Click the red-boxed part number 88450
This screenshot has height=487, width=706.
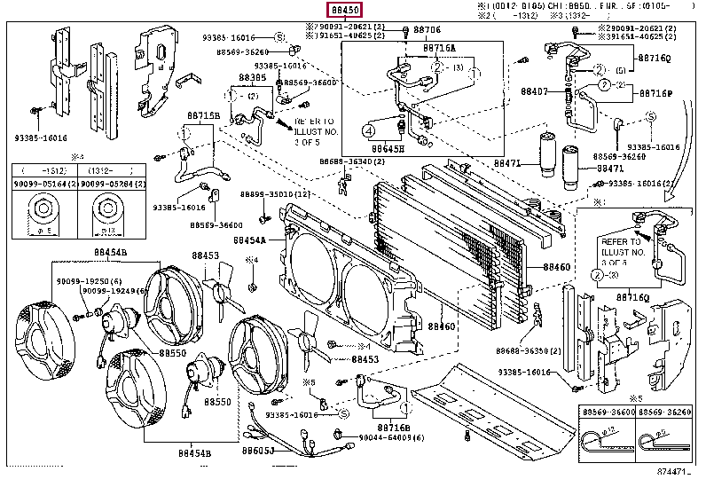point(346,11)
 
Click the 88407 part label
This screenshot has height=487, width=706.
point(534,90)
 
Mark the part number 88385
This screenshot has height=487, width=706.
point(253,77)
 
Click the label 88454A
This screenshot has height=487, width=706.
point(251,240)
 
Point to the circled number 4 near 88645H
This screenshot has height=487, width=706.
point(369,131)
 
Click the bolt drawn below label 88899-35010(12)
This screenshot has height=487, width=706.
point(263,217)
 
